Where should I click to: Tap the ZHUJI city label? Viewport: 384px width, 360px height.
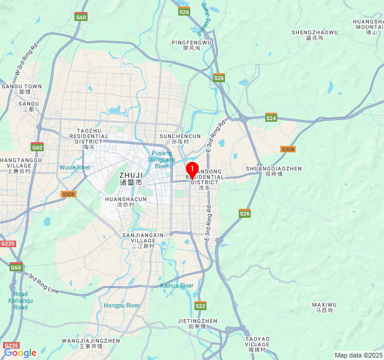coord(131,175)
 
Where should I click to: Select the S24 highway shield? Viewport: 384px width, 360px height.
coord(271,118)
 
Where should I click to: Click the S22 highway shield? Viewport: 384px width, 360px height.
coord(200,306)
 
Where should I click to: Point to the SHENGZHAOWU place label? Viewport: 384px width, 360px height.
coord(314,32)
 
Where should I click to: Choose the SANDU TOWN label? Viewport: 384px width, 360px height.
coord(22,86)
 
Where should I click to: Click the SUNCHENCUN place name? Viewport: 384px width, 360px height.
coord(180,136)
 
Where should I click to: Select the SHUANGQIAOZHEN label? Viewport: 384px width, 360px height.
coord(274,169)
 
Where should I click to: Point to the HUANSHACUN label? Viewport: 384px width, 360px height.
coord(125,199)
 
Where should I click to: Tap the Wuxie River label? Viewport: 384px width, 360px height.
coord(75,167)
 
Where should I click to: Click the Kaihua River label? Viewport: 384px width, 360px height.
coord(177,286)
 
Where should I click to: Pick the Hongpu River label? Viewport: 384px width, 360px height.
coord(122,305)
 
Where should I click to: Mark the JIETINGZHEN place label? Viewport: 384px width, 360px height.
coord(197,321)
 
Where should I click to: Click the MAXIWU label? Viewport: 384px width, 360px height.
coord(324,305)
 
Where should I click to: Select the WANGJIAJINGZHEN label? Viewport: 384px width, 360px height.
coord(91,340)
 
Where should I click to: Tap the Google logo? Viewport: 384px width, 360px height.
coord(20,353)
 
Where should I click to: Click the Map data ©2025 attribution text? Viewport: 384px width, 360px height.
coord(358,355)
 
